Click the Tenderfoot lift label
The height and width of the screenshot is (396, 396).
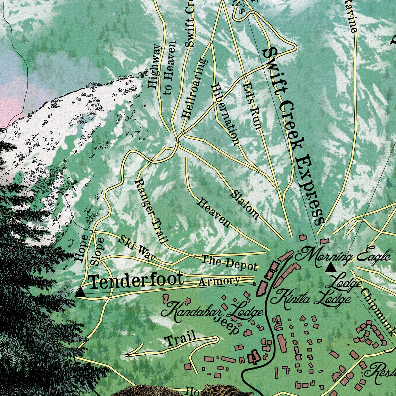[x=136, y=280]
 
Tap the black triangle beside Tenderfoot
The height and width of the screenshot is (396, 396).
[x=80, y=292]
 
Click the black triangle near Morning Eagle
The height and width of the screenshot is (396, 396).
[x=330, y=267]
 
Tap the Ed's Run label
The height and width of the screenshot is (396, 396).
[x=251, y=106]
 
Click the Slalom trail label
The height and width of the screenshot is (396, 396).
[x=245, y=205]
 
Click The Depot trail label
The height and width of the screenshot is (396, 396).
[x=230, y=262]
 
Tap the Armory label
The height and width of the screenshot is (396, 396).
[x=219, y=281]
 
